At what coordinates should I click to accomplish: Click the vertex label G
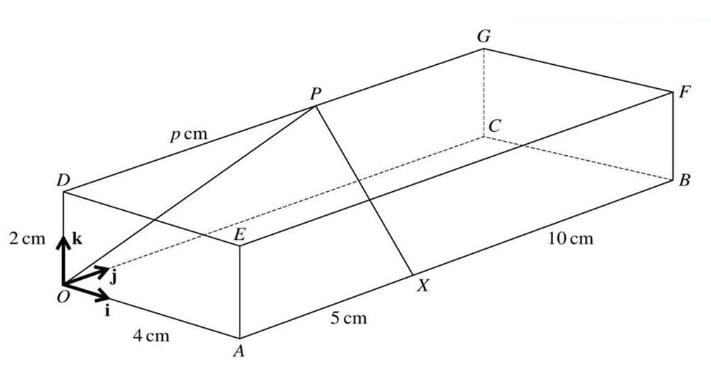point(483,37)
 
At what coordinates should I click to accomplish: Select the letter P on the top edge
point(314,94)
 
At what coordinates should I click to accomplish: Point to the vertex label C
point(494,126)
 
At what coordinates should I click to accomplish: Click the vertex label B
point(684,181)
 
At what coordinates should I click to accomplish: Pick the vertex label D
point(63,181)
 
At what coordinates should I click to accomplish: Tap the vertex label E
point(239,236)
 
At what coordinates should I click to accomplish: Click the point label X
point(421,286)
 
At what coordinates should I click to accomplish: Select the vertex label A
point(238,351)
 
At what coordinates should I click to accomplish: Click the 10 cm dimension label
point(570,238)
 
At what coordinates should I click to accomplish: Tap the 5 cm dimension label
point(349,318)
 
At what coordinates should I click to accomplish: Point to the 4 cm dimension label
point(152,336)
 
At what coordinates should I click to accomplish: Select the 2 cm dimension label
point(27,238)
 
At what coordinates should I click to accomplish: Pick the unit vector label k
point(78,238)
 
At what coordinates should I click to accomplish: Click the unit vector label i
point(107,310)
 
